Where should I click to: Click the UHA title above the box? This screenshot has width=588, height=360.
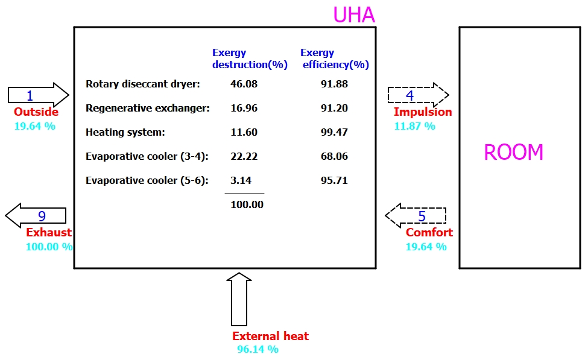(355, 14)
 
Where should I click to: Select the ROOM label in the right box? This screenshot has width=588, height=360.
(513, 152)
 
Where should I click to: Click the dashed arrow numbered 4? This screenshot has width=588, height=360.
(418, 95)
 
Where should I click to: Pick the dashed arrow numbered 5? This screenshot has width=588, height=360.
(416, 215)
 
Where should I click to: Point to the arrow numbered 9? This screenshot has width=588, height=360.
(36, 215)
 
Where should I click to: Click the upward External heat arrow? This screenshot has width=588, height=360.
(239, 299)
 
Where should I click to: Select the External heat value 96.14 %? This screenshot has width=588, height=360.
(258, 349)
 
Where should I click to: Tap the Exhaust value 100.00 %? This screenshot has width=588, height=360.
(49, 247)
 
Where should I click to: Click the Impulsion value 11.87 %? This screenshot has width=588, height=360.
(414, 126)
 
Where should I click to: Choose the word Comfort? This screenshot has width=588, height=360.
(429, 233)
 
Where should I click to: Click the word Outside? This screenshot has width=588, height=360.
(36, 112)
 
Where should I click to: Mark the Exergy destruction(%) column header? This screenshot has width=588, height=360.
(250, 59)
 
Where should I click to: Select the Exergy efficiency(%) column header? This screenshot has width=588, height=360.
(335, 59)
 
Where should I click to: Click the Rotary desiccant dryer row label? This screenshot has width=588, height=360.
(142, 84)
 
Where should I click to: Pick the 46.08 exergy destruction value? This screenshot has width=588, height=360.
(244, 84)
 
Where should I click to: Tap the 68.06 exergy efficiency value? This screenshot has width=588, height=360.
(334, 156)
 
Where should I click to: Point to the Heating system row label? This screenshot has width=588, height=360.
(125, 132)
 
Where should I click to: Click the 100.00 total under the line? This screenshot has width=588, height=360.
(247, 204)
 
